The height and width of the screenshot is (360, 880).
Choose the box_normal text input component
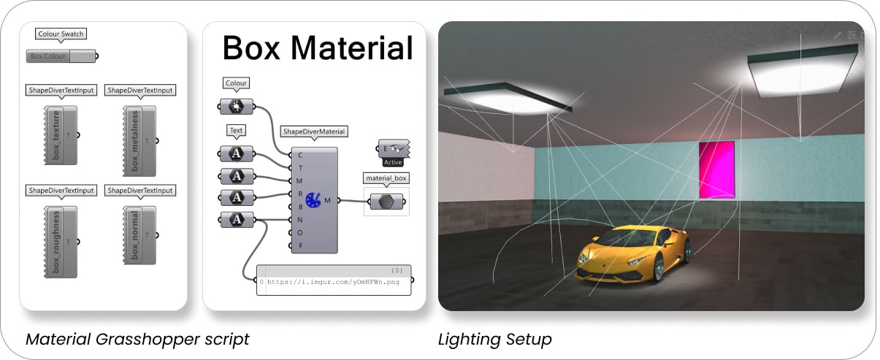[x=138, y=235]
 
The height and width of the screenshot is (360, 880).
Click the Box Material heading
[x=317, y=48]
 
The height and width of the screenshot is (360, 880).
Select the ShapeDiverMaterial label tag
[x=314, y=132]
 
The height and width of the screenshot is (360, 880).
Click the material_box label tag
[x=386, y=178]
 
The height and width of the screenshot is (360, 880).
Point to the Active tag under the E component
[x=393, y=162]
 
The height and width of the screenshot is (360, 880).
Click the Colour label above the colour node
[x=236, y=84]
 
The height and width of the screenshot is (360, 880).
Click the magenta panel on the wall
[x=716, y=169]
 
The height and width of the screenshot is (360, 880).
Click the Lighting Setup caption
[x=494, y=340]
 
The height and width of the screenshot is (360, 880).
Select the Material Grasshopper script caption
[x=137, y=340]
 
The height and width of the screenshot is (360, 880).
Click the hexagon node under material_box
[x=386, y=202]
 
